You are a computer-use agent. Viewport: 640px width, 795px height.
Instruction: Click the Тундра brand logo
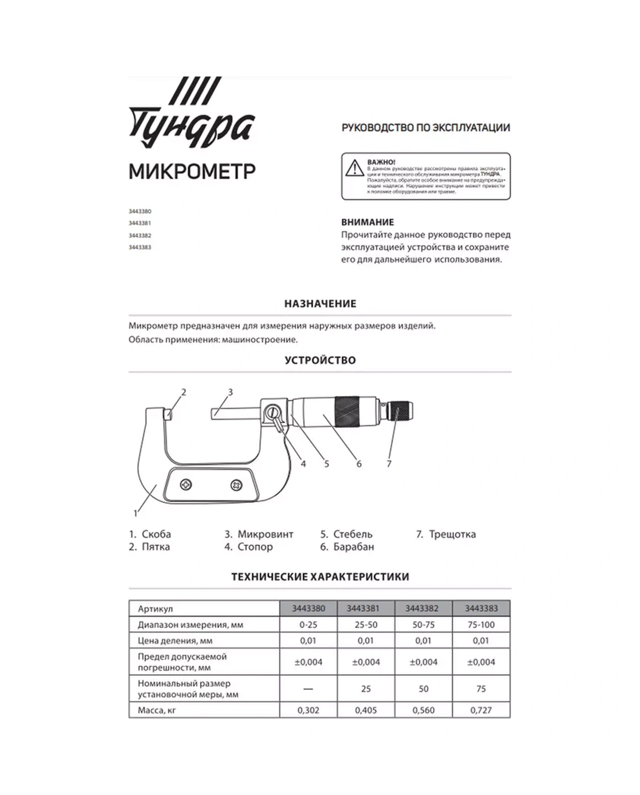(191, 114)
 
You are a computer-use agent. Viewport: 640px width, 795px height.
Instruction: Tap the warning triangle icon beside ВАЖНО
(354, 168)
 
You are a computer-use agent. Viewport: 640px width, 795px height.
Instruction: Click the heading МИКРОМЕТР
(192, 172)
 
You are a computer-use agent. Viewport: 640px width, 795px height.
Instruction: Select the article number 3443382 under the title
(140, 235)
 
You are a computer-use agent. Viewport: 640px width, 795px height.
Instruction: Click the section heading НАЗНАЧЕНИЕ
(320, 303)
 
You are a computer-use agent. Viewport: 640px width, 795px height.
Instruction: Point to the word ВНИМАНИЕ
(367, 222)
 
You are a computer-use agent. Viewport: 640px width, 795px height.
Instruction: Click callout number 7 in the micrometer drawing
(389, 464)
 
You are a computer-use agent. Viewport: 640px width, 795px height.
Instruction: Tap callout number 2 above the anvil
(183, 392)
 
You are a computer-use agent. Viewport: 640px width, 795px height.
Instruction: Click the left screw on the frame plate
(186, 485)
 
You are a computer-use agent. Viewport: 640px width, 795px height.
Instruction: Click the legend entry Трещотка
(452, 534)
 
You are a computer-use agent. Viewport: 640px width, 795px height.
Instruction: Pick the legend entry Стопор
(255, 547)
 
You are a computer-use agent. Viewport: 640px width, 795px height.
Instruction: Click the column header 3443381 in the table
(366, 608)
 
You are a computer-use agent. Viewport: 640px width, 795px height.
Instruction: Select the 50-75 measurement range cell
(423, 624)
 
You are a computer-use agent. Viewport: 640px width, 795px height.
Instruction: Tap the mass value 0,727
(481, 710)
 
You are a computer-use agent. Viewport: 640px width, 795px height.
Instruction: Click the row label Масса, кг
(157, 710)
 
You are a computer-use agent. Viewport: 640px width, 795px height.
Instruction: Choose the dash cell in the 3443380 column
(308, 689)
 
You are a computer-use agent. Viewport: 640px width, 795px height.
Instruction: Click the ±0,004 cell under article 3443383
(481, 662)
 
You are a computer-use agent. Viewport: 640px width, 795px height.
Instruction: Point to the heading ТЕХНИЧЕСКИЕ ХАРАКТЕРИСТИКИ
(320, 577)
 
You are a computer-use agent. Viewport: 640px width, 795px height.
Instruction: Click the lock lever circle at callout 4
(273, 412)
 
